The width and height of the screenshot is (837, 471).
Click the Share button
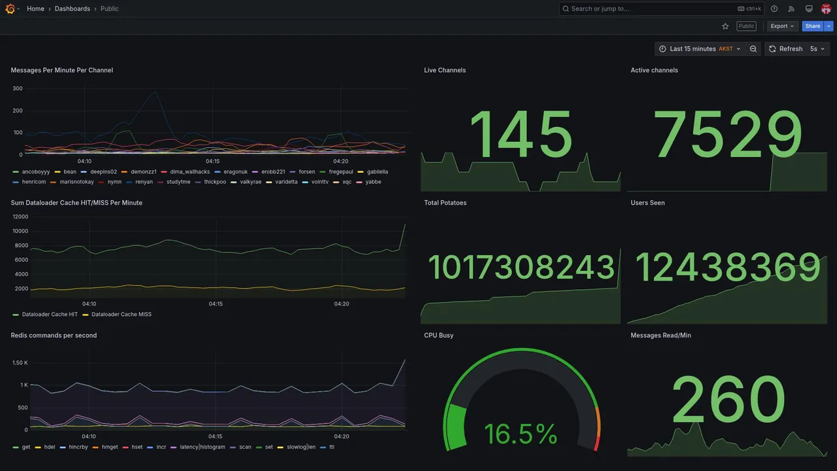click(x=812, y=26)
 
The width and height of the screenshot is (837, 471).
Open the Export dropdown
click(x=782, y=26)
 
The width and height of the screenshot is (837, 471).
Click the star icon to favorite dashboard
click(x=725, y=26)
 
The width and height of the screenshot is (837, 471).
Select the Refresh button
click(x=785, y=49)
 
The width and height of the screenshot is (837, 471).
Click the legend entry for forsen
click(x=307, y=171)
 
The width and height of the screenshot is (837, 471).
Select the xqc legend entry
click(x=347, y=182)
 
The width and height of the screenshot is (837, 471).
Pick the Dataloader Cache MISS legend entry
click(x=121, y=315)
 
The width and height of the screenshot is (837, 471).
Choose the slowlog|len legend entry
click(x=301, y=447)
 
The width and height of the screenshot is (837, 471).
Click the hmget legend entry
click(x=109, y=447)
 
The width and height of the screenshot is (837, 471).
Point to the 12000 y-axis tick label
click(x=20, y=217)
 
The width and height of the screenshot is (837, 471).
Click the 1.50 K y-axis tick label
click(x=20, y=363)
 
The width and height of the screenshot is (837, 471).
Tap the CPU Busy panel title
click(x=439, y=336)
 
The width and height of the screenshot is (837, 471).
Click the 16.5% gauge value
click(x=521, y=434)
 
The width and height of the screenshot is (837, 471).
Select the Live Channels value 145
click(x=521, y=135)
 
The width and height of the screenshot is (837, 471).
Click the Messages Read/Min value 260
click(x=728, y=400)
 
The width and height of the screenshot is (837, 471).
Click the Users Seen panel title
click(x=647, y=203)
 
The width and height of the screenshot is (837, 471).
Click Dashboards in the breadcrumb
click(x=72, y=9)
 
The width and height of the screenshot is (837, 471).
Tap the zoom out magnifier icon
click(x=753, y=49)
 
